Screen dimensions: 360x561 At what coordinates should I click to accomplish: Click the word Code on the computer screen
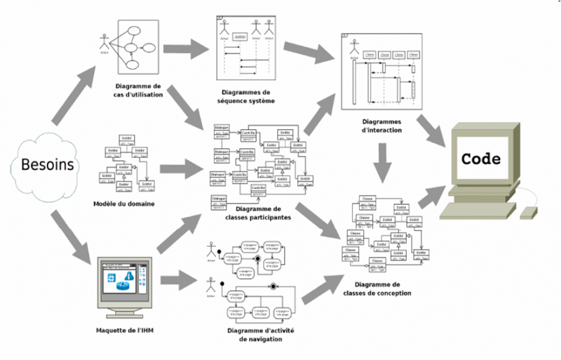click(481, 159)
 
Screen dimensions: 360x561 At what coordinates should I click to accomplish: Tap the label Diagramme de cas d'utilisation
click(138, 89)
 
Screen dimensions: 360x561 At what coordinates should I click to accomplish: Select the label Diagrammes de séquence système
click(245, 96)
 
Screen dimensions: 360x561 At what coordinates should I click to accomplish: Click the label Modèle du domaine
click(123, 204)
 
